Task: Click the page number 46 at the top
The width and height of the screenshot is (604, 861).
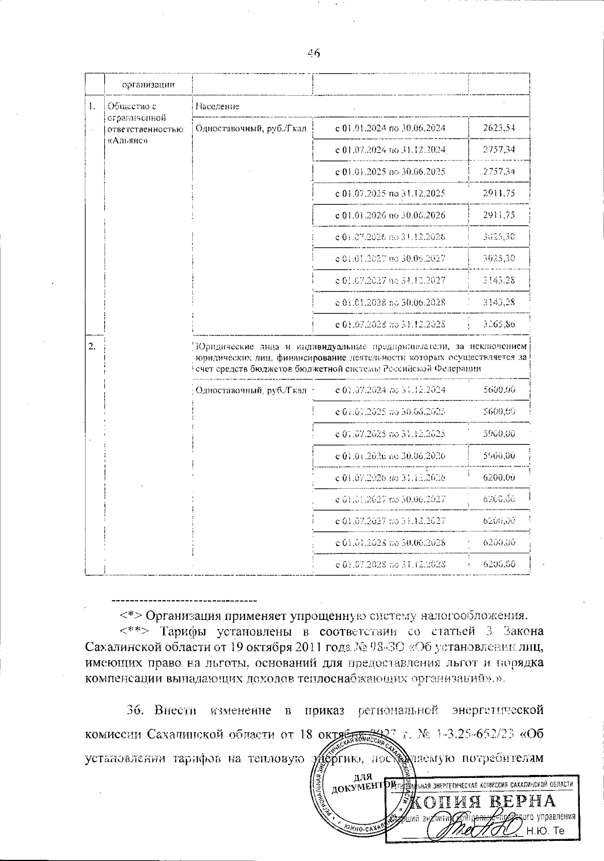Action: (x=314, y=54)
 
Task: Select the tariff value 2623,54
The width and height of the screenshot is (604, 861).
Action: (x=498, y=128)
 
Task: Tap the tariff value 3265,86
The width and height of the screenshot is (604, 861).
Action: (x=498, y=325)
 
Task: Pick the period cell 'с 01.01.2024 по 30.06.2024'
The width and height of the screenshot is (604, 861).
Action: (x=390, y=128)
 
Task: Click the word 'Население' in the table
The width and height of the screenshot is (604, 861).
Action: (x=217, y=107)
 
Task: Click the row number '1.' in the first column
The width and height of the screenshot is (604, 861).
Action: (x=91, y=107)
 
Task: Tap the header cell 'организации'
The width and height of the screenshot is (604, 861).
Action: (x=148, y=85)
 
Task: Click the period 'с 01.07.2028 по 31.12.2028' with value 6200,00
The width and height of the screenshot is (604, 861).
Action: (x=390, y=565)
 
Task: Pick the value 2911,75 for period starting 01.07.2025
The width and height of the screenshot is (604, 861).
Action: (x=498, y=193)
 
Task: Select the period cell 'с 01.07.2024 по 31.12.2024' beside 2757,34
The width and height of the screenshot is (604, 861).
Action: (x=390, y=150)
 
